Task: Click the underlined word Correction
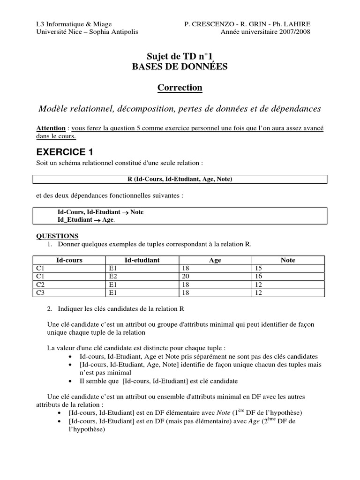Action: tap(180, 88)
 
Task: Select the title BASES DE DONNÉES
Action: tap(180, 67)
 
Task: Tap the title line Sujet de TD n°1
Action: tap(180, 56)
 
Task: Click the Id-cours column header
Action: tap(69, 260)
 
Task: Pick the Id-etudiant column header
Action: tap(142, 260)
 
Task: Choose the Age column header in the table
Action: tap(215, 260)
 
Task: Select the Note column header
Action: tap(288, 260)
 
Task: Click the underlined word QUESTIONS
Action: tap(57, 236)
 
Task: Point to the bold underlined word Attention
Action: tap(51, 128)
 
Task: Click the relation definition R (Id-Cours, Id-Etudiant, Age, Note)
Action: tap(180, 179)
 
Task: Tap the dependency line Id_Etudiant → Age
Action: tap(86, 220)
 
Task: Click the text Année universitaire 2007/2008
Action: tap(265, 32)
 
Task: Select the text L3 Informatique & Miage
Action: tap(74, 24)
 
